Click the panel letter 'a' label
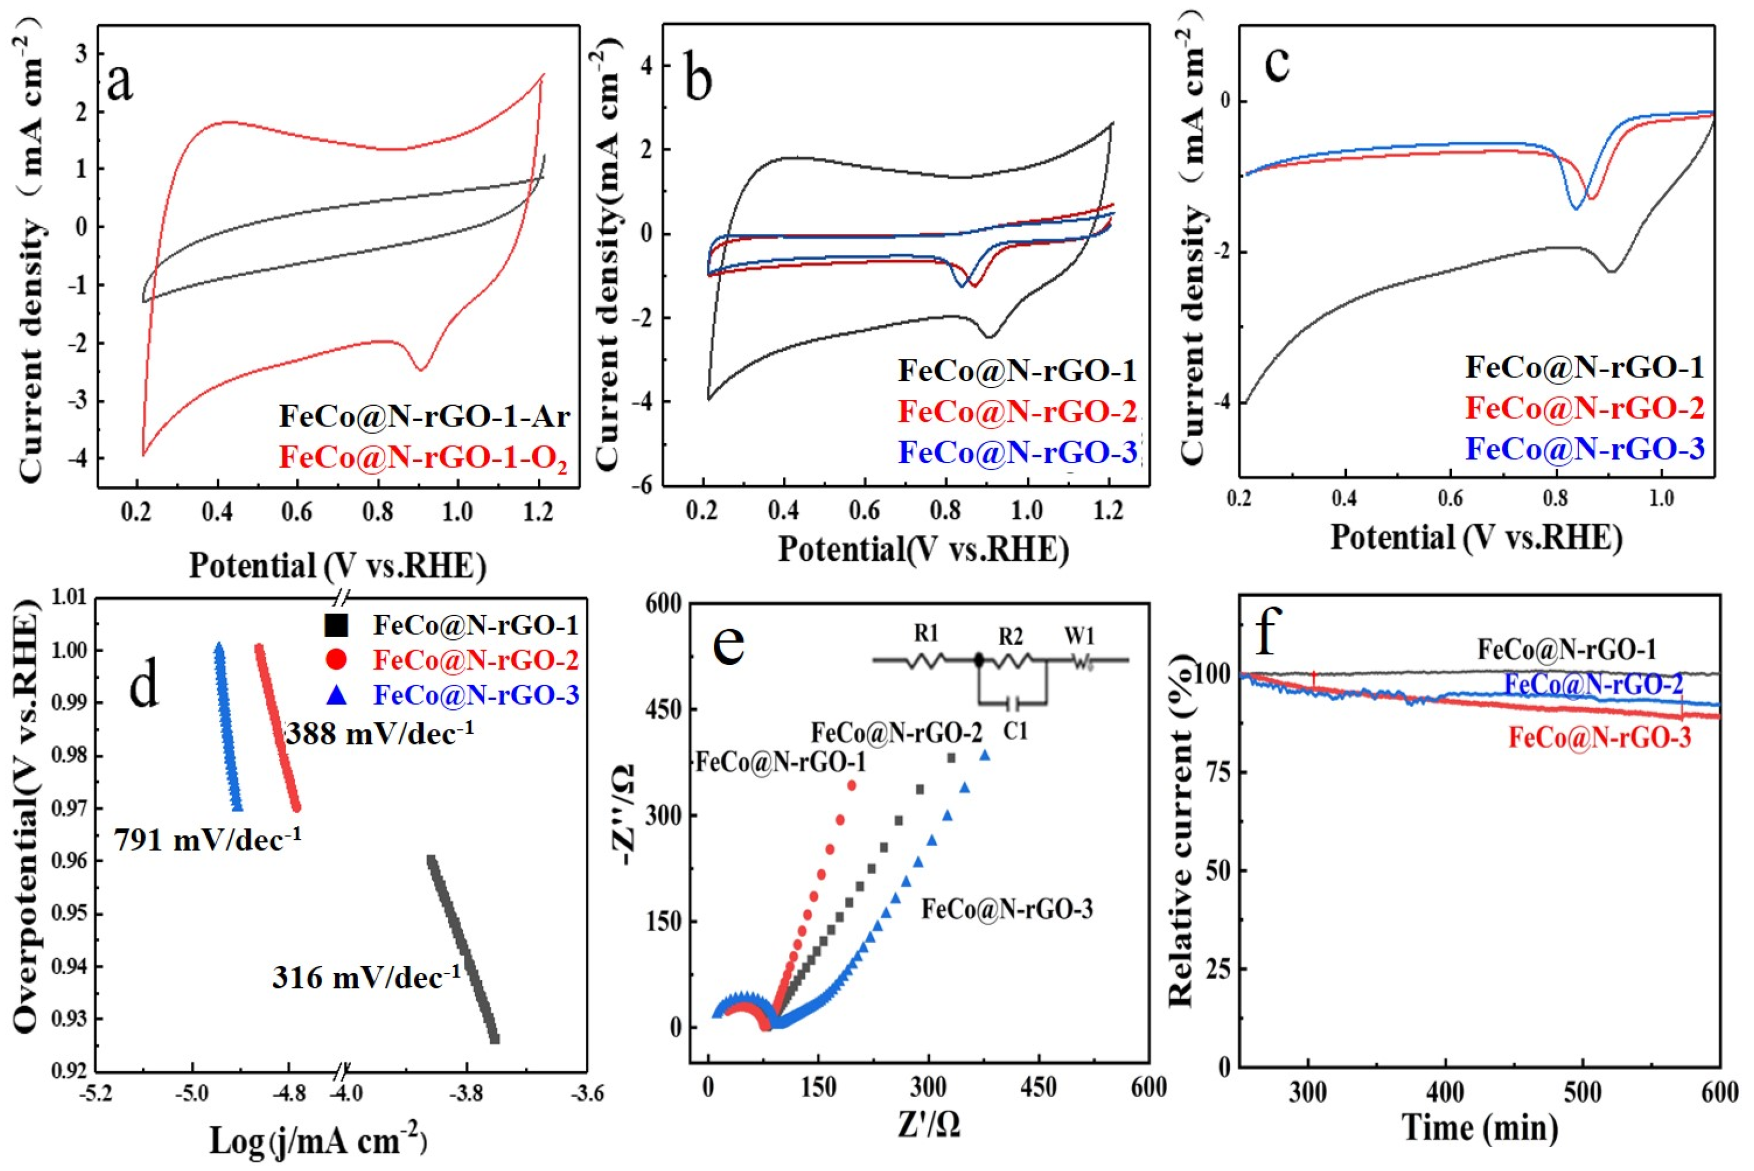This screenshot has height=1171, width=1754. (x=121, y=82)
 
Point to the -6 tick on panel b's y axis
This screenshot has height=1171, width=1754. (x=643, y=485)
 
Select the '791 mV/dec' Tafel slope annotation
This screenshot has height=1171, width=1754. (x=207, y=840)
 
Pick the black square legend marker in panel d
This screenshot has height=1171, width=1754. (x=337, y=624)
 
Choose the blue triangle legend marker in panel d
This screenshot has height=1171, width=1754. (x=337, y=695)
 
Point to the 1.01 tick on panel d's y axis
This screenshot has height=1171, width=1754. (x=70, y=597)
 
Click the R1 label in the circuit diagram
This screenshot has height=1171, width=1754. (x=926, y=635)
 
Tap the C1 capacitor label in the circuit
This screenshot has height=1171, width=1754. (x=1015, y=732)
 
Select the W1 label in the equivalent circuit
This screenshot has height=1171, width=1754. (x=1080, y=636)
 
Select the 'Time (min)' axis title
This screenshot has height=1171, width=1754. (x=1480, y=1128)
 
